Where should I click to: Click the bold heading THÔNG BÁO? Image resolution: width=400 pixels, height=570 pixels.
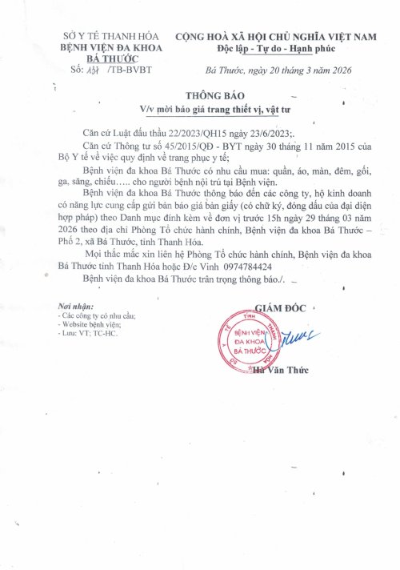[220, 93]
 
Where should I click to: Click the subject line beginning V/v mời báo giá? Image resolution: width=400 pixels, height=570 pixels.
[220, 107]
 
